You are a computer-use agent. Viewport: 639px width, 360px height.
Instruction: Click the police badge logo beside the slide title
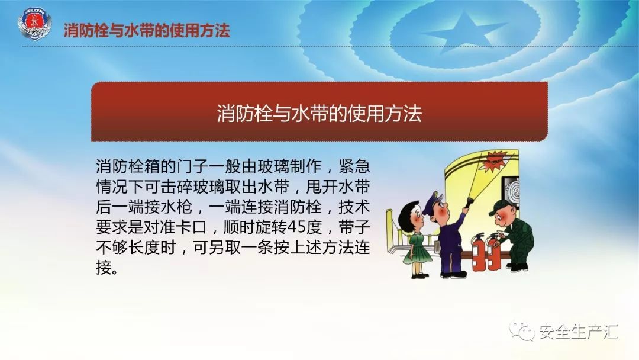pos(35,24)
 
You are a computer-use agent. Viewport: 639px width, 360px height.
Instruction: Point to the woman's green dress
pos(417,248)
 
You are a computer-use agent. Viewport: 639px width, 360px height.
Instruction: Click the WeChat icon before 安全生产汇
pos(522,330)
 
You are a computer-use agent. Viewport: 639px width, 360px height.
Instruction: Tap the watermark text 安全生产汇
pos(579,332)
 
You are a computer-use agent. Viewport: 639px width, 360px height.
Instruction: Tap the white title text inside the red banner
pos(319,112)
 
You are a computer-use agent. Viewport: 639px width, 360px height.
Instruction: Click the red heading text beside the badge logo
pos(147,31)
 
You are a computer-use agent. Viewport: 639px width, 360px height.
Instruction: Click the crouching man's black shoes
pos(517,267)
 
